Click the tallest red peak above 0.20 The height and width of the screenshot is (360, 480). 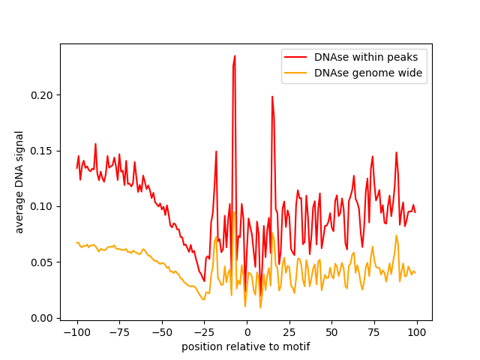click(235, 56)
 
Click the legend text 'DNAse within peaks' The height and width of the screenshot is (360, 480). click(366, 57)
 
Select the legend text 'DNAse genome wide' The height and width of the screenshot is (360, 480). click(368, 73)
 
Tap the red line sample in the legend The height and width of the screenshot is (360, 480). click(295, 57)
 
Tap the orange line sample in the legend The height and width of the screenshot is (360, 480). click(295, 73)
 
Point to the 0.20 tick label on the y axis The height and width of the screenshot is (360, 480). click(42, 95)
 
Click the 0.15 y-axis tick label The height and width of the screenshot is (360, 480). click(42, 151)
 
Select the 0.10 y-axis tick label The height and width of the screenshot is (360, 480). click(42, 207)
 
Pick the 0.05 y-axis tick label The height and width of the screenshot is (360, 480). click(42, 262)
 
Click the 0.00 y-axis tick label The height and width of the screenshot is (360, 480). click(42, 318)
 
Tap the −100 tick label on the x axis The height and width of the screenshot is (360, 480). click(77, 332)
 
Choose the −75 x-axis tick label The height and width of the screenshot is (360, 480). click(119, 332)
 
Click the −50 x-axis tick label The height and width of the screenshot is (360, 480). click(162, 332)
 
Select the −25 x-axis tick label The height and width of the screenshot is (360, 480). click(204, 332)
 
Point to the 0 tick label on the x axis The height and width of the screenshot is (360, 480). click(247, 332)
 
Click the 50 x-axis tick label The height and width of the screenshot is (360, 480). click(331, 332)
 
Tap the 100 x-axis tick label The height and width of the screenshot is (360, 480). click(417, 332)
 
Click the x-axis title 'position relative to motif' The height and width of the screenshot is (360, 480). click(246, 346)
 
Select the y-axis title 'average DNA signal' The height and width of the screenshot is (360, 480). click(19, 182)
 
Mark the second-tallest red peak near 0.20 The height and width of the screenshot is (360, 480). click(272, 97)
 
